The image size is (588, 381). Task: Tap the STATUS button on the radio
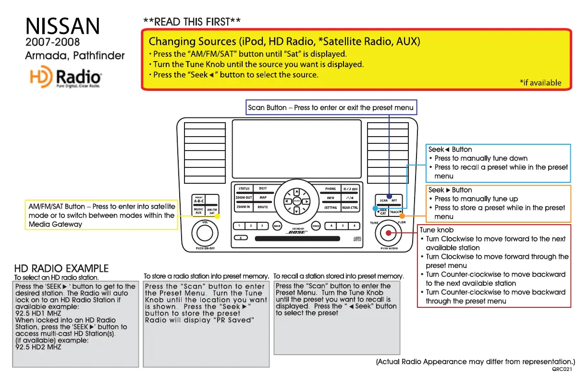tap(244, 189)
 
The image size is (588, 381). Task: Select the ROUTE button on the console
tap(262, 207)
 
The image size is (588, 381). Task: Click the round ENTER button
tap(297, 202)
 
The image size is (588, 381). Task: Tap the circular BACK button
tap(277, 226)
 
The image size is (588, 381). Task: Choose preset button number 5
tap(343, 226)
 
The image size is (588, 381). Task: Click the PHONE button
tap(331, 189)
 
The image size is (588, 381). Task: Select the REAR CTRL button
tap(350, 207)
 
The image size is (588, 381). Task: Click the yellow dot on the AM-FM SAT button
tap(217, 216)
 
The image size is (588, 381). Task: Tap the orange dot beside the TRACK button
tap(402, 216)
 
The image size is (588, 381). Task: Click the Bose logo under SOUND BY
tap(296, 232)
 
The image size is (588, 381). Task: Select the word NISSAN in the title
tap(62, 26)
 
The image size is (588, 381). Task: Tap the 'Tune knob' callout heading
tap(436, 230)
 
